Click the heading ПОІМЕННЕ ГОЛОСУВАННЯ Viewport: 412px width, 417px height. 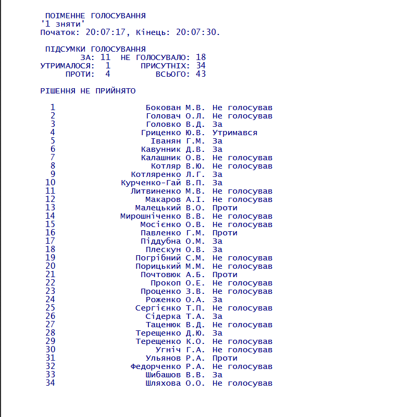pos(95,16)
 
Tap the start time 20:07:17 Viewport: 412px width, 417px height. pos(106,32)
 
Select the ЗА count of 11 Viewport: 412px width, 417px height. pos(105,57)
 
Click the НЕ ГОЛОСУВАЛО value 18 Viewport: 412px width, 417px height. pos(201,57)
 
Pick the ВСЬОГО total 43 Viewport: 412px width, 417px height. pos(201,74)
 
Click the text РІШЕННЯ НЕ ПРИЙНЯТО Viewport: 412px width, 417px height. pos(88,91)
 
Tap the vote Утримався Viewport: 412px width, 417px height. pos(234,133)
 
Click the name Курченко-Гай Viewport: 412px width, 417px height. pos(151,183)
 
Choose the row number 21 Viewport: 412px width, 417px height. pos(50,275)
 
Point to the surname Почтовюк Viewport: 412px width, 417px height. pos(161,275)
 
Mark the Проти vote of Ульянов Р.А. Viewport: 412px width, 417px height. pos(224,358)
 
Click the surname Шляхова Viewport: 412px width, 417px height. pos(164,383)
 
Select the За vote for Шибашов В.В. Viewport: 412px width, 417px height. pos(217,375)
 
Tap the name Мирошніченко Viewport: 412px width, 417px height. pos(151,216)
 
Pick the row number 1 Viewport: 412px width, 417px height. pos(53,108)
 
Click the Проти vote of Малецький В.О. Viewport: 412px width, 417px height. pos(224,208)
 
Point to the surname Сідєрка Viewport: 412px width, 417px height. pos(164,316)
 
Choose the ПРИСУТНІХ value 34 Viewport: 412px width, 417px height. pos(201,66)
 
